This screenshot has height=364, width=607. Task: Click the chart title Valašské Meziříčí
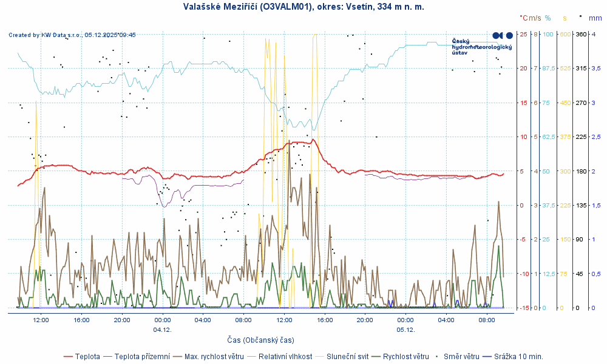coord(303,7)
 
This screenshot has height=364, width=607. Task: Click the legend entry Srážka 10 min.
coord(518,356)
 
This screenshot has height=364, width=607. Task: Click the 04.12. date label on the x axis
coord(162,329)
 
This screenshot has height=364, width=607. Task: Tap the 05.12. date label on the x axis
coord(405,329)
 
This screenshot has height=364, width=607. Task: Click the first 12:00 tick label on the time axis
coord(41,320)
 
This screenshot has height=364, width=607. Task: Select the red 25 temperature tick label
coord(523,34)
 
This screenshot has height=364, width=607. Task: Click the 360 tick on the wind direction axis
coord(580,34)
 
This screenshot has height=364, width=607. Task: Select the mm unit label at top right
coord(595,18)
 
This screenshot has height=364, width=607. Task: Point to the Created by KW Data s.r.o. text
coord(72,35)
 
